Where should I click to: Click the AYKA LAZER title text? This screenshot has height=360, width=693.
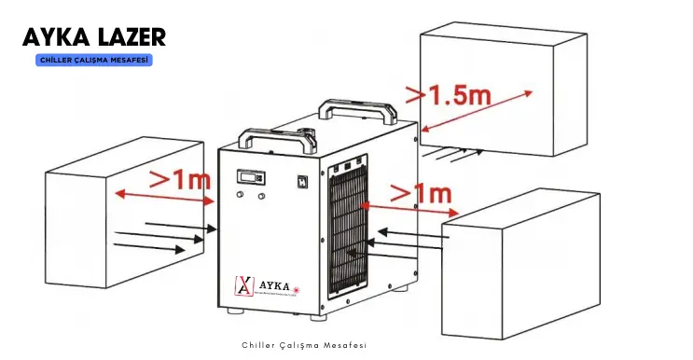(x=94, y=36)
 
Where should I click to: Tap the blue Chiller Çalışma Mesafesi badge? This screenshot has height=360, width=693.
(x=94, y=60)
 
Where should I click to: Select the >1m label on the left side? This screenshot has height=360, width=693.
(x=181, y=180)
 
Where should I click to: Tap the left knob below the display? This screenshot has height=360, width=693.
(x=240, y=195)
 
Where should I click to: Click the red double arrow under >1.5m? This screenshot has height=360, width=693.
(x=477, y=109)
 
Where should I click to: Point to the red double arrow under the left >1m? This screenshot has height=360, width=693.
(x=164, y=197)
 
